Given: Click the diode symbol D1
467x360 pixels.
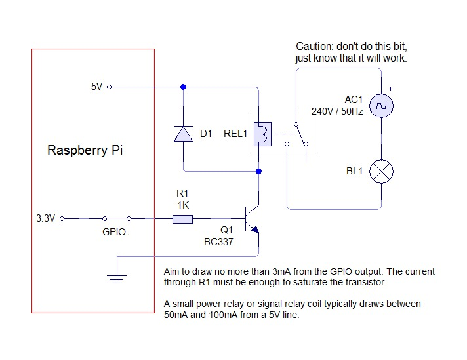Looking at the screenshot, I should (183, 134).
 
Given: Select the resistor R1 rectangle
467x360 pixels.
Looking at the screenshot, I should (182, 219).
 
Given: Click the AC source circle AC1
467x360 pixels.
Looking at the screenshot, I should (381, 105).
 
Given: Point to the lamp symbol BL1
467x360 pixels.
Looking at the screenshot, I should (381, 172).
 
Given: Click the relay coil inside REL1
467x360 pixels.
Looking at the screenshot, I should (260, 134).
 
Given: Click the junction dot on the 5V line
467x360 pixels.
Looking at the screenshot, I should (183, 87).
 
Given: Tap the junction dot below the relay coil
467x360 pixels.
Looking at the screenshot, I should (259, 172).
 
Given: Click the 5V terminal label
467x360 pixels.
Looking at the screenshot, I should (96, 87).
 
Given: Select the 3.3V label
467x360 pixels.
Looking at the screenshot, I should (45, 219).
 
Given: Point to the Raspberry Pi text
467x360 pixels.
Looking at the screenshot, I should (85, 150).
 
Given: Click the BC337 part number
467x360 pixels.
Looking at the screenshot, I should (219, 242).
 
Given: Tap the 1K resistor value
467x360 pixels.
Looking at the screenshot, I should (182, 205).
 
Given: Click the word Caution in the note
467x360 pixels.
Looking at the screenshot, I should (314, 47).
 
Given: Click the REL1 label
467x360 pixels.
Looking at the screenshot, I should (234, 134).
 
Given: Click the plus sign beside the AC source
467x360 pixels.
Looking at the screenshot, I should (390, 89).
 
